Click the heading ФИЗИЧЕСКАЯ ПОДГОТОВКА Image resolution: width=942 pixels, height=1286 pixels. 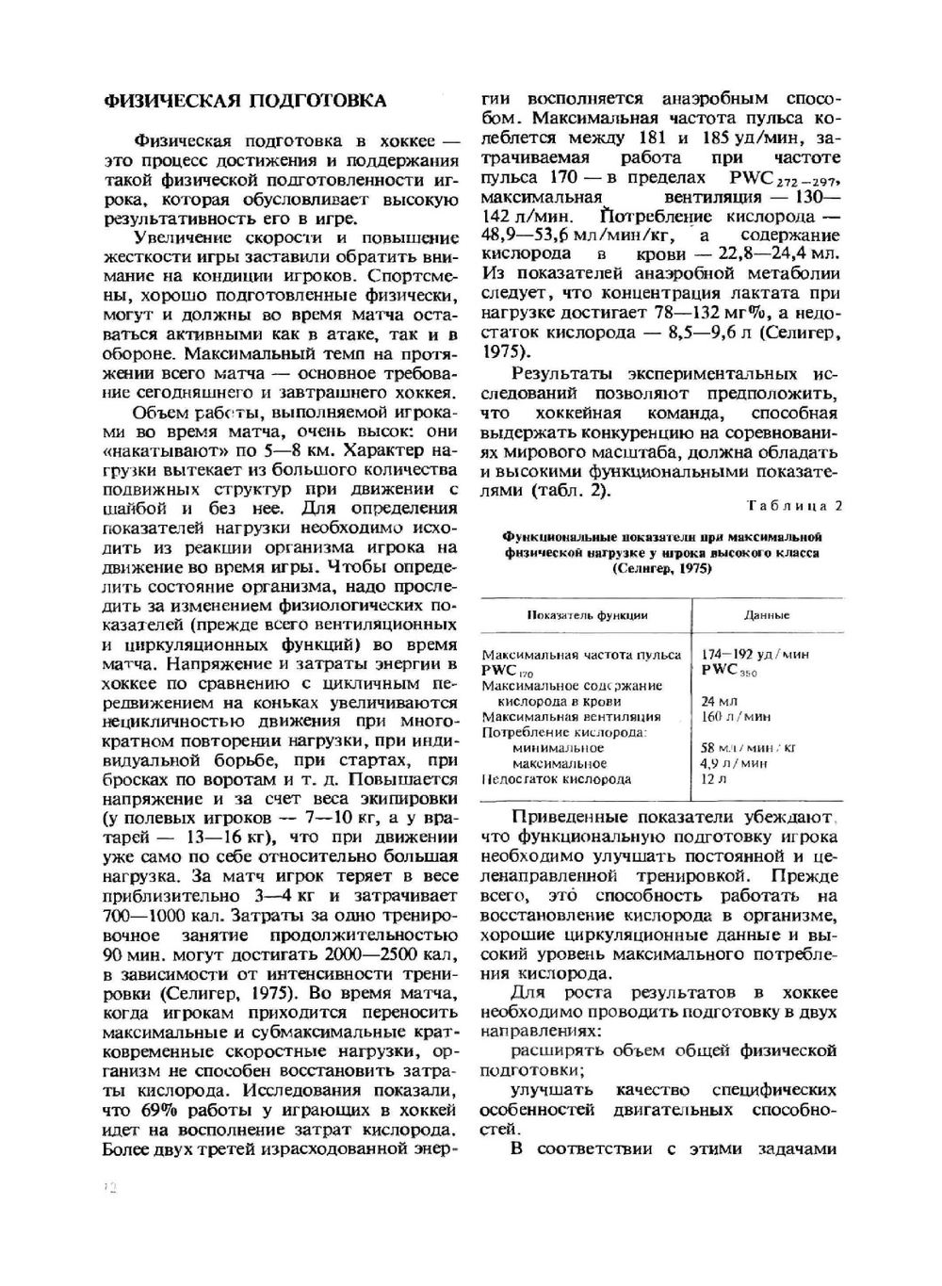click(x=244, y=101)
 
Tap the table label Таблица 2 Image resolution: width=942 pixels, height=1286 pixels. click(x=795, y=506)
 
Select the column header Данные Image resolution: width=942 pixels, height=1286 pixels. click(x=766, y=615)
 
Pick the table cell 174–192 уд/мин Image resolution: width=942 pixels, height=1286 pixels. click(x=755, y=654)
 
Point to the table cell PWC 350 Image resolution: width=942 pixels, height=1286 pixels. click(x=729, y=670)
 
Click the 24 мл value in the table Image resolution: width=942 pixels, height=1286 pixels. click(x=720, y=701)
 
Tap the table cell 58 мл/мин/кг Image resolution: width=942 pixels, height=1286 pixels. click(x=748, y=747)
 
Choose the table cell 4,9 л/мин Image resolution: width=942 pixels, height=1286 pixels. click(x=734, y=763)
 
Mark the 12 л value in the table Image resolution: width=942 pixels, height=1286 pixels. click(x=714, y=779)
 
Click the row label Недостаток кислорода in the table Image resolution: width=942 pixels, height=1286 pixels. click(x=557, y=779)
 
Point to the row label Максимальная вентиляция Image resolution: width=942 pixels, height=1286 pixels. click(x=571, y=716)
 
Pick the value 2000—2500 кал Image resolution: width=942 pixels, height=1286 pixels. click(x=397, y=955)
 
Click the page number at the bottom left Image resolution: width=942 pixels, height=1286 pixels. click(x=108, y=1189)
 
